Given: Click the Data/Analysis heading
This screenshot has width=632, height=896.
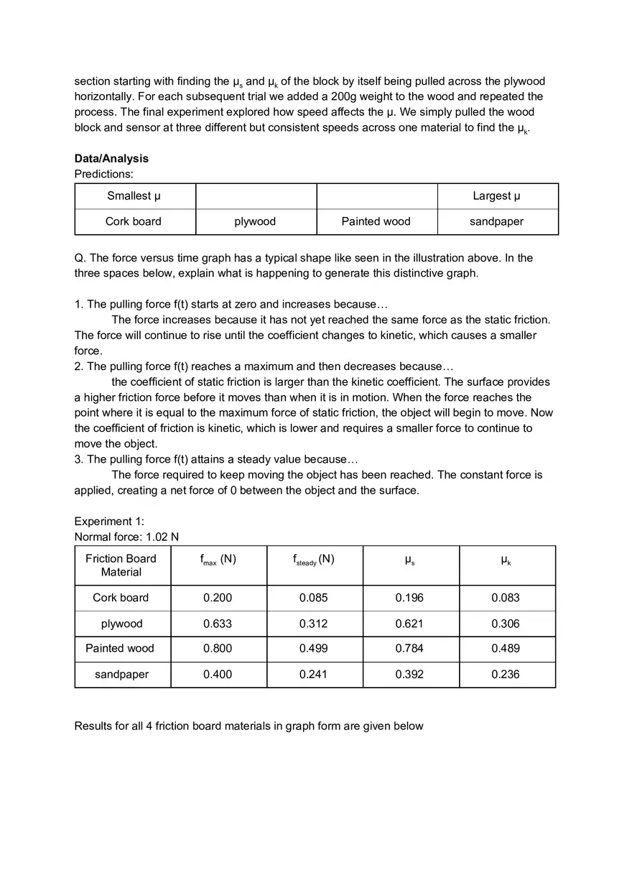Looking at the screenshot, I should (111, 158).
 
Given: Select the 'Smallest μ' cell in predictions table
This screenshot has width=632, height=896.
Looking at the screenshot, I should (134, 195).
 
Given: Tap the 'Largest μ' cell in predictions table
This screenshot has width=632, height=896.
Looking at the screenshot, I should (496, 195).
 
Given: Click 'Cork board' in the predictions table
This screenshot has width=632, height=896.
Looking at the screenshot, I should (134, 221).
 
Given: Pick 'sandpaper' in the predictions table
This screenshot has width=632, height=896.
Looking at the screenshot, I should (496, 221).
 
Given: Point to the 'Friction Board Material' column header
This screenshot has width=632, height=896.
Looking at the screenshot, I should (121, 565).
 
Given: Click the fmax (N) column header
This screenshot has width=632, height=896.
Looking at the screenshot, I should (218, 560).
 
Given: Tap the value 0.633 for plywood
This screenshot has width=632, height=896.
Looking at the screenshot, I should (218, 624).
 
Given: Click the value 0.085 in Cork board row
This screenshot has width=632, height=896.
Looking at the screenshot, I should (313, 598).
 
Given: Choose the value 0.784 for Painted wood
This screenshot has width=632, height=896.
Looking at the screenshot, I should (409, 648).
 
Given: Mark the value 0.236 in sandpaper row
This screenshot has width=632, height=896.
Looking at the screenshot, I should (506, 674).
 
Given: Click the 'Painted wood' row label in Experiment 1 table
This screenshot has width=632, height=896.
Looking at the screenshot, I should (120, 648).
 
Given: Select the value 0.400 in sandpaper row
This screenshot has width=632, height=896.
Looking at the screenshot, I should (218, 674).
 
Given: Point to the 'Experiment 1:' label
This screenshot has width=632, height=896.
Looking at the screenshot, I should (109, 521).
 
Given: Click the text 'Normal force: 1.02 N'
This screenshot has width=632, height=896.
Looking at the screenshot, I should (126, 537).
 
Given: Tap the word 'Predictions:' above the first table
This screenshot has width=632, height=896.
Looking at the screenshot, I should (104, 174).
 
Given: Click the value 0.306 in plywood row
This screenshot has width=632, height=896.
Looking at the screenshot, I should (506, 624).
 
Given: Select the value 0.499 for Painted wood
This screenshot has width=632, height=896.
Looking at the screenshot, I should (313, 648).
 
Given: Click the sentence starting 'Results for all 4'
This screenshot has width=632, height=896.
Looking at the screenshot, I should (248, 726).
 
